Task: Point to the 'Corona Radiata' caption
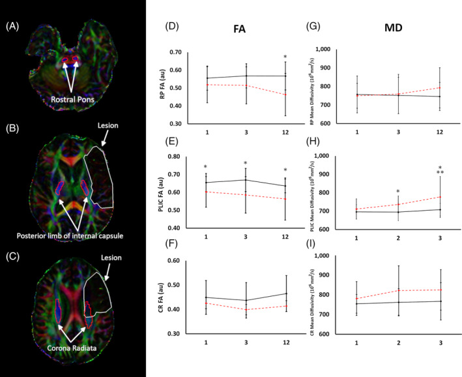click(72, 350)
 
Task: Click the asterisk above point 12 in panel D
click(285, 58)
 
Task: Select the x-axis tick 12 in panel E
click(285, 237)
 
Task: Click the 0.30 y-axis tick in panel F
click(174, 333)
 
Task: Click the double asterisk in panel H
click(440, 173)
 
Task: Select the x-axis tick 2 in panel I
click(399, 342)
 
